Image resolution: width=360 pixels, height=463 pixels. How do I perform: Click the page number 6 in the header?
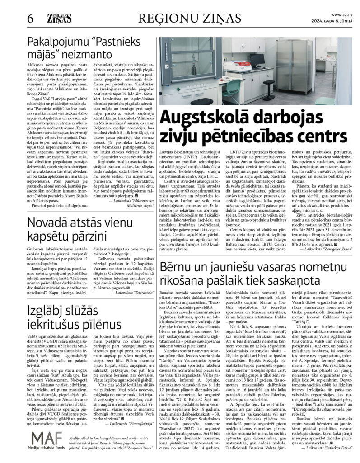(x=30, y=19)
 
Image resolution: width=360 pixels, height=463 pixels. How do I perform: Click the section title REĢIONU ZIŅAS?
(x=189, y=18)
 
